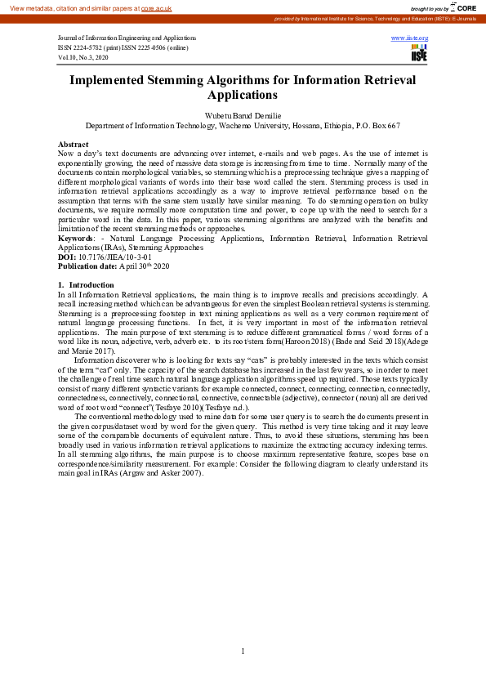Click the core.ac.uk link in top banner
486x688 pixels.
pyautogui.click(x=156, y=8)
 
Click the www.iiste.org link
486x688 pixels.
pyautogui.click(x=410, y=38)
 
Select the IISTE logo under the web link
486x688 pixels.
pyautogui.click(x=418, y=53)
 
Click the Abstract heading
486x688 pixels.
pyautogui.click(x=74, y=144)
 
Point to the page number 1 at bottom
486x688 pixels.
pyautogui.click(x=243, y=651)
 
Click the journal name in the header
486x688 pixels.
pyautogui.click(x=127, y=38)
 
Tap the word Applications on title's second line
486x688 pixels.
pyautogui.click(x=243, y=95)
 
